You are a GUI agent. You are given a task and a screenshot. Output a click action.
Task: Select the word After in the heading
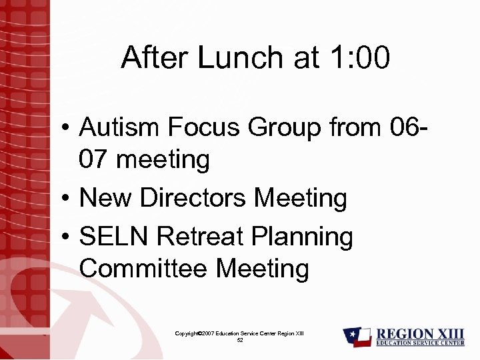pos(155,59)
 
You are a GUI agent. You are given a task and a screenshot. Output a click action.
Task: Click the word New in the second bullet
pos(107,198)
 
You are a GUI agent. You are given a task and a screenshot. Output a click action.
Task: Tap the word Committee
pos(144,269)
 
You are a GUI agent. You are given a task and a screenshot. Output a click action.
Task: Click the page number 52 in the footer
pos(239,340)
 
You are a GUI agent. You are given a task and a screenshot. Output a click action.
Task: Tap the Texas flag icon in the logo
pos(357,337)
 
